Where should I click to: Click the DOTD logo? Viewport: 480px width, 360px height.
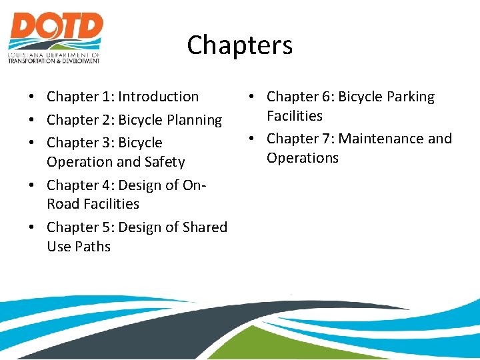[55, 37]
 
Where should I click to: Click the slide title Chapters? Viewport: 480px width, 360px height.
[239, 45]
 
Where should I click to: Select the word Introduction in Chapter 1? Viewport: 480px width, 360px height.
[158, 97]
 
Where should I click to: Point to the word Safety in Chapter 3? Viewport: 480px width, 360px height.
[167, 162]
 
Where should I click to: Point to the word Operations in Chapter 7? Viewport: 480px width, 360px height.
[303, 158]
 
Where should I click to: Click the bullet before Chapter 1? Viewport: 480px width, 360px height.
[32, 97]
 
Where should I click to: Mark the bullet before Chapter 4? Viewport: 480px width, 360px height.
[32, 185]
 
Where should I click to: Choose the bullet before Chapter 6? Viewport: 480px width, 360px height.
[252, 97]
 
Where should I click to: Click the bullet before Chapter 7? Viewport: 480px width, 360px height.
[252, 139]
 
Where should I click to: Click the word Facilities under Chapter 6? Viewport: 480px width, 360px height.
[295, 116]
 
